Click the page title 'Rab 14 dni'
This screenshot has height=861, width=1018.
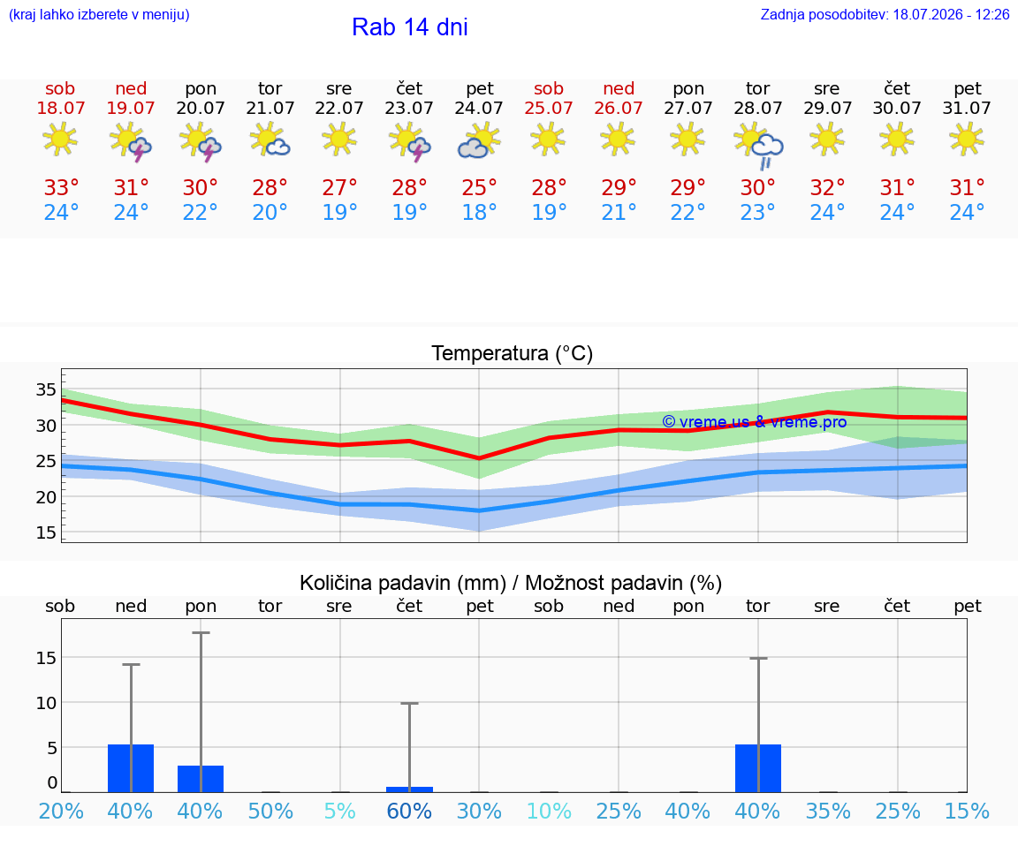click(x=410, y=27)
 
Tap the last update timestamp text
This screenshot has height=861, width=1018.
click(x=885, y=15)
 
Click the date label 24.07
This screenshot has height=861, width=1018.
click(x=479, y=108)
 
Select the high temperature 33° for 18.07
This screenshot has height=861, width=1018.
click(x=61, y=187)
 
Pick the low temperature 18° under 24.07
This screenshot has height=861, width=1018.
click(x=479, y=212)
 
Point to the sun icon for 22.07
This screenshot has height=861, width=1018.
click(x=339, y=139)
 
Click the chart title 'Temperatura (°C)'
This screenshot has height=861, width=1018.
click(x=513, y=353)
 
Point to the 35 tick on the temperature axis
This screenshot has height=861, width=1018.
click(x=45, y=389)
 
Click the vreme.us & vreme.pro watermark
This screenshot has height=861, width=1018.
click(x=755, y=422)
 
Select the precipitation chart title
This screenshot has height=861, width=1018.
click(x=511, y=583)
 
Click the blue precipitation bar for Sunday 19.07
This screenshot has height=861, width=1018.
click(x=131, y=768)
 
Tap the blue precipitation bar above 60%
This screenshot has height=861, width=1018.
click(x=410, y=789)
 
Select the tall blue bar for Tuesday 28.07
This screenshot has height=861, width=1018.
click(x=758, y=768)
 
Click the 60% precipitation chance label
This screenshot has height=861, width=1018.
click(x=409, y=811)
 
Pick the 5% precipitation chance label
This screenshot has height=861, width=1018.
click(x=339, y=811)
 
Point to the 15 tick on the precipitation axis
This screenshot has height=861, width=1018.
click(x=46, y=657)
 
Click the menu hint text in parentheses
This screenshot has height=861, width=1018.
click(x=99, y=15)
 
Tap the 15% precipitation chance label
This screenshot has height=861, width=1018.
click(x=967, y=811)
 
